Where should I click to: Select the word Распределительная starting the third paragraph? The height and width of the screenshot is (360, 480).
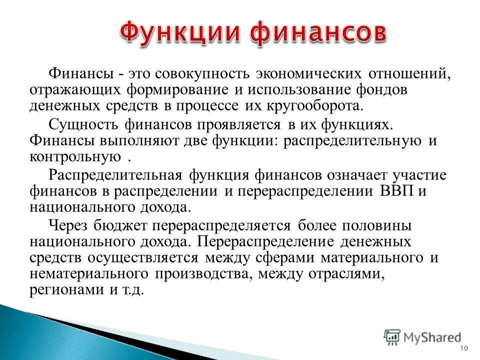coord(116,175)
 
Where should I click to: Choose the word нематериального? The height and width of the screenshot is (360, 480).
coord(89,274)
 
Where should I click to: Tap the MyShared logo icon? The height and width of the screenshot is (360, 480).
coord(392,336)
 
